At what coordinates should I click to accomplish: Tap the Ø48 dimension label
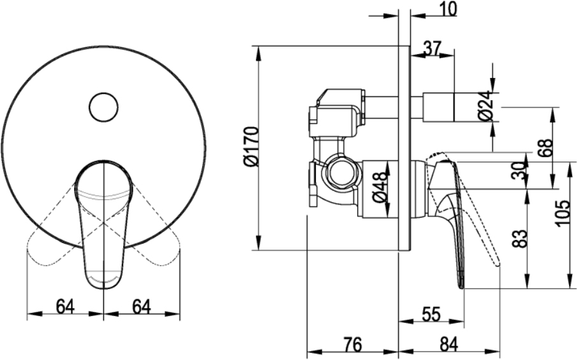(380, 188)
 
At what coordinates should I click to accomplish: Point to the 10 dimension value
(448, 9)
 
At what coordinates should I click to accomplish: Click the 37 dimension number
(432, 48)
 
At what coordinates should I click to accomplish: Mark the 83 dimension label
(520, 239)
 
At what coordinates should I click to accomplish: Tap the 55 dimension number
(431, 314)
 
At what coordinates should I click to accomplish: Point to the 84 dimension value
(448, 345)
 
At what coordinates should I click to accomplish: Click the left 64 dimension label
(65, 306)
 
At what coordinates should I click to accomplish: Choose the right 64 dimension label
(142, 306)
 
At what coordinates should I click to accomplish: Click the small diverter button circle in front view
(103, 107)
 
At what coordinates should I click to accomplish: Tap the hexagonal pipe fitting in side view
(341, 172)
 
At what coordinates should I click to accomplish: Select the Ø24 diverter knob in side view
(439, 107)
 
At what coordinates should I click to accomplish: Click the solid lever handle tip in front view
(103, 282)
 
